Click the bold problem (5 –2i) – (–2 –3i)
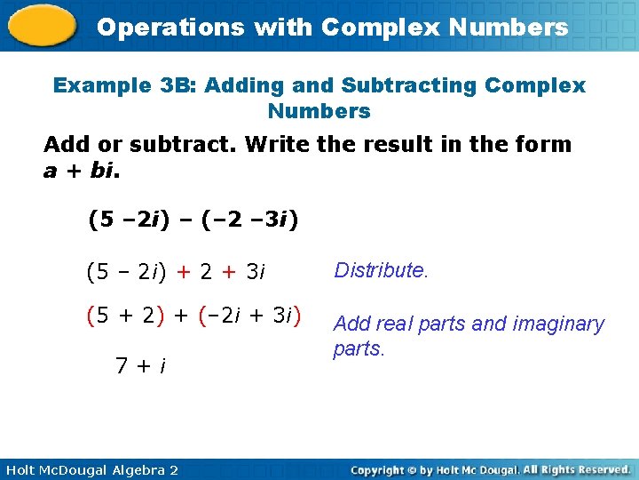pos(193,219)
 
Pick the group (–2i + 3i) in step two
pos(250,315)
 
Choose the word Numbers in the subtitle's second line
pos(319,111)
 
